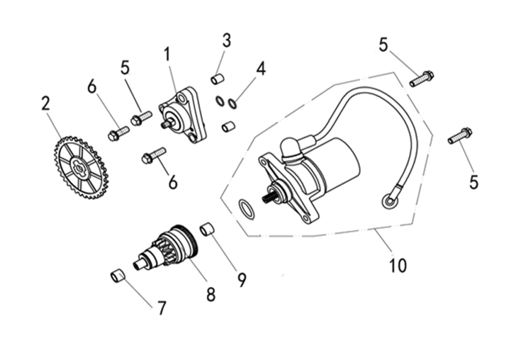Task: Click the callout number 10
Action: tap(398, 265)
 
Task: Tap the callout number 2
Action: tap(46, 103)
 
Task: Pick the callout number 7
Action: tap(160, 308)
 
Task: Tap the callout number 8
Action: tap(211, 294)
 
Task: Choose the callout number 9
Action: tap(241, 279)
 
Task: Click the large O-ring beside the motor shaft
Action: tap(246, 208)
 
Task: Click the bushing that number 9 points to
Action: tap(207, 229)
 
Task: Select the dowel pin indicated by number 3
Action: tap(217, 79)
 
